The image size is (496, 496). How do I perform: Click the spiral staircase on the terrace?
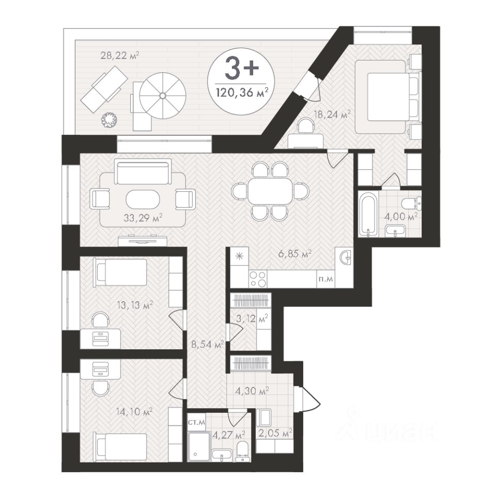tap(162, 95)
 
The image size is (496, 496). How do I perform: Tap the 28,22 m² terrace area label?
tap(120, 56)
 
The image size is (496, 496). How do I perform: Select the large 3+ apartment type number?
tap(242, 68)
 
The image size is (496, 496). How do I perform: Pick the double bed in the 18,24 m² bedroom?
tap(388, 97)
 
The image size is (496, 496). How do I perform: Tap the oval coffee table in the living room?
tap(143, 199)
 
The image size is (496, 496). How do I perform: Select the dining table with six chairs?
tap(270, 191)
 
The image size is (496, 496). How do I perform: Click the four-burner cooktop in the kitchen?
tap(258, 278)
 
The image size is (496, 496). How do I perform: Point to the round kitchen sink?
tap(345, 257)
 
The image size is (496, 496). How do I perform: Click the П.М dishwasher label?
tap(326, 279)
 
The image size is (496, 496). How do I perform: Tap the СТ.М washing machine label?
tap(196, 422)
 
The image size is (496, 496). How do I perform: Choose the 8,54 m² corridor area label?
tap(208, 344)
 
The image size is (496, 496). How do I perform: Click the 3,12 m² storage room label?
tap(252, 318)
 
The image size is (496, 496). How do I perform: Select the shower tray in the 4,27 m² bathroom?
tap(199, 446)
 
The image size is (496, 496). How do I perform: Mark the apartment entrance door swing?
tap(308, 399)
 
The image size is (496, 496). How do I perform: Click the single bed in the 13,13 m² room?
tap(120, 272)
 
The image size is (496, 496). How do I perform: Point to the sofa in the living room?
tap(143, 172)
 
